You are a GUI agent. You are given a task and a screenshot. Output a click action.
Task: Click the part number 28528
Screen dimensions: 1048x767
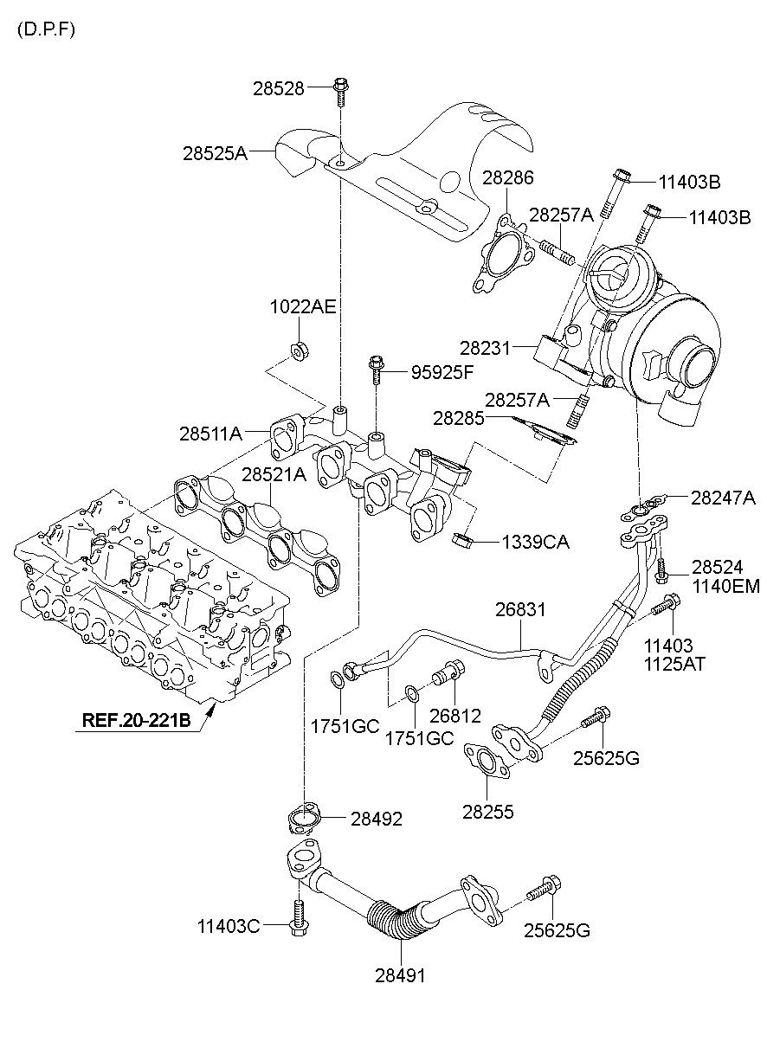[278, 87]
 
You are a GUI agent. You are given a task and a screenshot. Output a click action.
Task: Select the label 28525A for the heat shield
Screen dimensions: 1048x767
[215, 153]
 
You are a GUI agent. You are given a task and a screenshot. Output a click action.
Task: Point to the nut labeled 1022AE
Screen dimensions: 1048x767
[299, 351]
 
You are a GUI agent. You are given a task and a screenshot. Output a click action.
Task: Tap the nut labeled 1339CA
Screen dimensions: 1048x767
[461, 543]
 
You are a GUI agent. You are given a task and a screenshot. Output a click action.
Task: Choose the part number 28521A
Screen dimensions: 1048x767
[274, 474]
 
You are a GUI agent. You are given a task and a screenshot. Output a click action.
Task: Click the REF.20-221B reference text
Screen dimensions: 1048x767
[137, 719]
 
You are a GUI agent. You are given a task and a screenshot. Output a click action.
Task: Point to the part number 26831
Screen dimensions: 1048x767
[520, 609]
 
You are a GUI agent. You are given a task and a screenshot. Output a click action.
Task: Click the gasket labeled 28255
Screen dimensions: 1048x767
[484, 762]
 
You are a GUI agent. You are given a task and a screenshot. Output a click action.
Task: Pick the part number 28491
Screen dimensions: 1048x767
[400, 975]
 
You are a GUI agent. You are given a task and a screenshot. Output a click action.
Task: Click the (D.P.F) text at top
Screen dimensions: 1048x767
[46, 29]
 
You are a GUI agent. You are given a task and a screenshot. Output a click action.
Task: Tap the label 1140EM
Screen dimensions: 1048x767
[725, 587]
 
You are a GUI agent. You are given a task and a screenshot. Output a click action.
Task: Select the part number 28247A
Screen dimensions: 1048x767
[723, 498]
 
